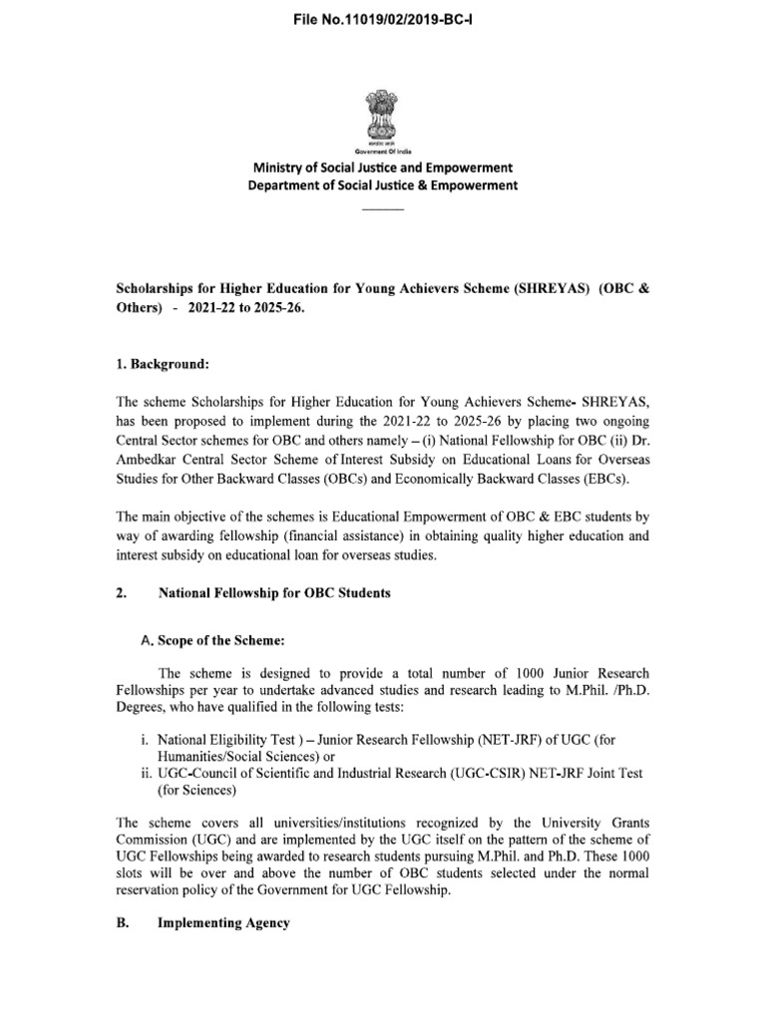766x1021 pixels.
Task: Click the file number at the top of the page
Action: [x=382, y=19]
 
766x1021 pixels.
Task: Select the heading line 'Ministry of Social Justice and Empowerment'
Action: [x=383, y=168]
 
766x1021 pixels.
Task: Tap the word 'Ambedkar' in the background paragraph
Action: [x=150, y=464]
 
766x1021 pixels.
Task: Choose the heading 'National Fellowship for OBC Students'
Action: [x=274, y=593]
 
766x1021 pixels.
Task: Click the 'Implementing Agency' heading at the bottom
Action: [x=224, y=923]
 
